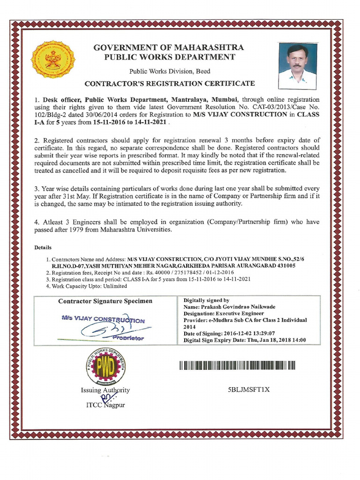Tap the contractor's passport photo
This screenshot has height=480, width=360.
pos(297,66)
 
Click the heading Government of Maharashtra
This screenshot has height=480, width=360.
pos(169,48)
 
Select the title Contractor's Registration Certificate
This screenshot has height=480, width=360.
pos(170,83)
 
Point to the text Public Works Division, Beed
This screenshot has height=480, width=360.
pos(170,71)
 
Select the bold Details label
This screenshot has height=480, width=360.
pos(43,247)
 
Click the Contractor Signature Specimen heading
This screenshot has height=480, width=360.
pos(105,301)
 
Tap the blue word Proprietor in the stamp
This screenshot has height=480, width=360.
pos(128,337)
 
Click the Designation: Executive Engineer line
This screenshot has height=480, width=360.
pos(224,313)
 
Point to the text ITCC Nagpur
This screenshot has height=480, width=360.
pos(105,405)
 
